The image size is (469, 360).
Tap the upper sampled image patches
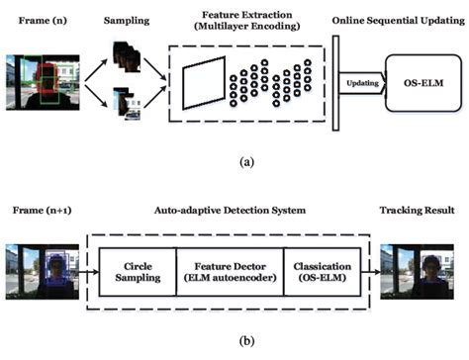(x=125, y=55)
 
